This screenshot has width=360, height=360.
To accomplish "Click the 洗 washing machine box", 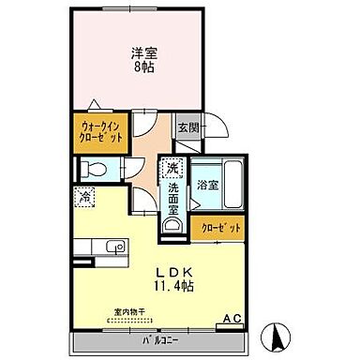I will coord(172,170).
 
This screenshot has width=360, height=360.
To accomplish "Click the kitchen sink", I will coord(112,247).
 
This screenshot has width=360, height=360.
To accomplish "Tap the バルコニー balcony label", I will coord(150,338).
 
